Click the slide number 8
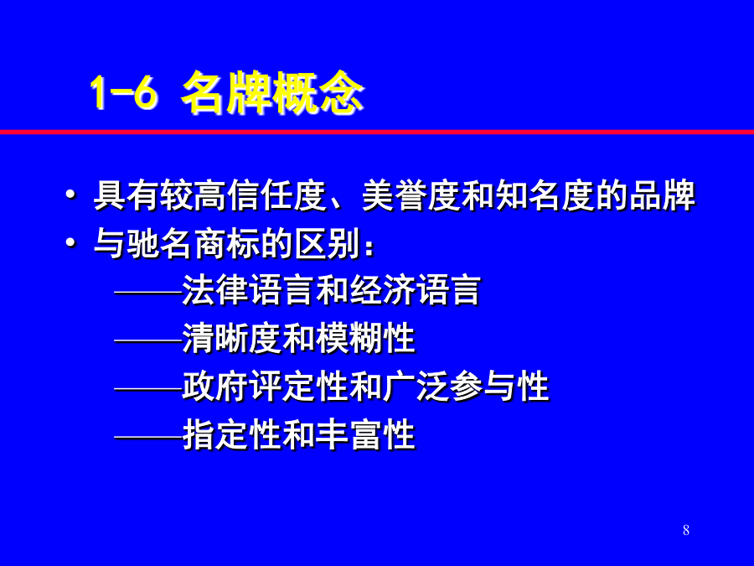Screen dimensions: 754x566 click(x=685, y=530)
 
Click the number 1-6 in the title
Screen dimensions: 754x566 click(x=124, y=93)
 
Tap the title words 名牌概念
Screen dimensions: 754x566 click(x=272, y=93)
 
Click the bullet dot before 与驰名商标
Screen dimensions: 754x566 click(x=70, y=243)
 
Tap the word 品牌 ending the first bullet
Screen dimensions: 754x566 click(x=662, y=196)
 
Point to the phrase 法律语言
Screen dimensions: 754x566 click(x=248, y=291)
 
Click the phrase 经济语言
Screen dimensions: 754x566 click(x=416, y=291)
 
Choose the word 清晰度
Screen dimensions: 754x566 click(x=231, y=339)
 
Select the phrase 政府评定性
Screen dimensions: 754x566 click(x=265, y=387)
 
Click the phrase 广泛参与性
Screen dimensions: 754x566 click(x=466, y=387)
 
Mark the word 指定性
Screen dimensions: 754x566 click(x=231, y=434)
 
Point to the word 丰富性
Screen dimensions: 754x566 click(x=365, y=434)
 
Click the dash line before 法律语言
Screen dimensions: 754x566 click(x=148, y=292)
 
